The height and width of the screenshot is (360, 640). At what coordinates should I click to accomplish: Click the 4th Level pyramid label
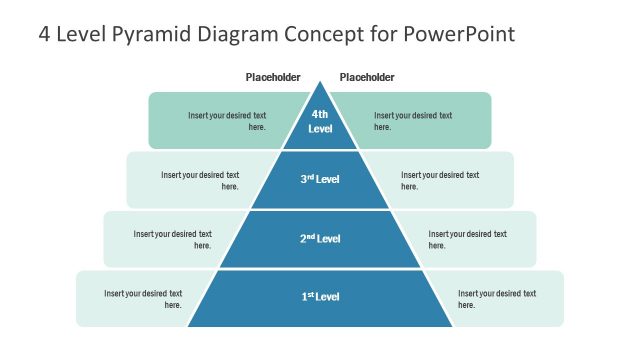point(320,121)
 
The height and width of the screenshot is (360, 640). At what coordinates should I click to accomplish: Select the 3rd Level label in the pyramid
point(320,180)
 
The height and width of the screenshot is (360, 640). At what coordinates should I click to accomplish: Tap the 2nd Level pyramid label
point(320,239)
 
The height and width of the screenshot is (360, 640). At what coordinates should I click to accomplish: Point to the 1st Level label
point(320,297)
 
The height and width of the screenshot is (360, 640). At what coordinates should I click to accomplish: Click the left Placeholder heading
point(273,78)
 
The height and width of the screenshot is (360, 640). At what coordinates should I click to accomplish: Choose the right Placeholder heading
point(367,78)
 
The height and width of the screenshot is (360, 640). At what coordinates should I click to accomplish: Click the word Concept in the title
point(324,34)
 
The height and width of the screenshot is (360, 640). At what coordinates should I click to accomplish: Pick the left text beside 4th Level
point(227,121)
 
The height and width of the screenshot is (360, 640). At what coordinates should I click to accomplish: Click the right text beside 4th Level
point(413,121)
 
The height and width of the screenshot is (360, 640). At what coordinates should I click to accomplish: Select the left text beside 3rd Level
point(200,180)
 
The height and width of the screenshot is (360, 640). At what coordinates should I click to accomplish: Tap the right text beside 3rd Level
point(440,180)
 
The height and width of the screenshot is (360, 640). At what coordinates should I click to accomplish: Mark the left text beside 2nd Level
point(173,239)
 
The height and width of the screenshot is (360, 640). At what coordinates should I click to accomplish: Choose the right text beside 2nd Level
point(467,239)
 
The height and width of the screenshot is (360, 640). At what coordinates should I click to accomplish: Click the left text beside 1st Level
point(143,298)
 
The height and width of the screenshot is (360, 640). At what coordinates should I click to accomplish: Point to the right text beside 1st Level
point(497,298)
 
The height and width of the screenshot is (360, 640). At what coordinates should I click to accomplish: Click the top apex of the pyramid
point(320,84)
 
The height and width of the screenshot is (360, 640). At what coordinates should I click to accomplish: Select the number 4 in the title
point(44,34)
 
